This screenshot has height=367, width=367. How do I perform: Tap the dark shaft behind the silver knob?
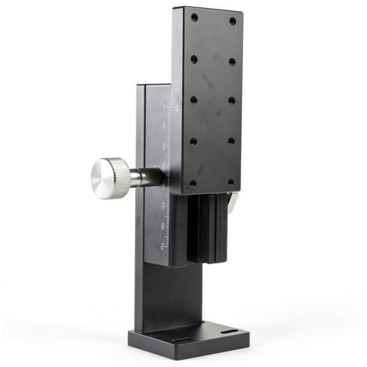(x=146, y=177)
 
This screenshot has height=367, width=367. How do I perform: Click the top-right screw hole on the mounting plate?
(x=232, y=21)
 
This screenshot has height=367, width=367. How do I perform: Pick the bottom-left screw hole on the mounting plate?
(x=193, y=183)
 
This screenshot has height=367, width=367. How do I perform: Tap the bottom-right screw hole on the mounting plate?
(x=231, y=182)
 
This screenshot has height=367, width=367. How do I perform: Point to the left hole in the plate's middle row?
(x=194, y=100)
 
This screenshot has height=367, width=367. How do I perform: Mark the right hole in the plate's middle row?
(x=232, y=100)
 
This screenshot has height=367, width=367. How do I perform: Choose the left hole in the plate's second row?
(x=194, y=59)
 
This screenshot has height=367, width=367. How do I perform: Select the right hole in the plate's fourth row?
(x=231, y=141)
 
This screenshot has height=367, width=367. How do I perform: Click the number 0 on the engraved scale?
(x=165, y=106)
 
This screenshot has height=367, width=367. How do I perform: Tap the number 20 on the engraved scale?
(x=164, y=146)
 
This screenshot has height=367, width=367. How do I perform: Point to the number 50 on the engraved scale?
(x=163, y=205)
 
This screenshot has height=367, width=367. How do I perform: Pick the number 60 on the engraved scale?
(x=163, y=225)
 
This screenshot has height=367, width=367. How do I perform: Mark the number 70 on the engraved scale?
(x=162, y=246)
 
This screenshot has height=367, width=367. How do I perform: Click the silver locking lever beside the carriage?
(x=233, y=202)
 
